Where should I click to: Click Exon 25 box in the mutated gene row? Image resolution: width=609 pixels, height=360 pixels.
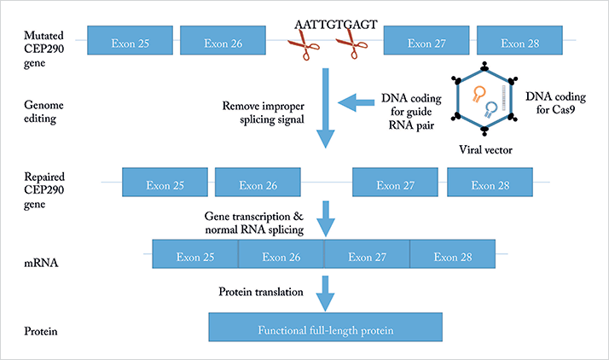point(130,40)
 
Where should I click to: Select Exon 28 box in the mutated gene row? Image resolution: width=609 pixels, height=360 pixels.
point(519,40)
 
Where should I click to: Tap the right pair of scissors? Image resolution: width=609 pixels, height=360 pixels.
point(352,44)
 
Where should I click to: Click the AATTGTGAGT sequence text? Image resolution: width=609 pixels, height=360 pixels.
point(336,25)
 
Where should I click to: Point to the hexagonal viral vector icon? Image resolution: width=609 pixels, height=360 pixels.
point(484,99)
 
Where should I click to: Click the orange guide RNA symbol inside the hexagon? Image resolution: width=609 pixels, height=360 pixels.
point(478,94)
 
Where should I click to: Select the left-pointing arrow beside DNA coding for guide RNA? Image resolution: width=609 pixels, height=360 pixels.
point(357,102)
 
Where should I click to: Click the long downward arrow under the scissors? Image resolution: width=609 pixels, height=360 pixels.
point(326,108)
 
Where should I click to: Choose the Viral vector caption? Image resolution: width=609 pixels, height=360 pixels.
point(485,150)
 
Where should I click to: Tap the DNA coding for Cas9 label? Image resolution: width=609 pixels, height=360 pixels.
point(555,103)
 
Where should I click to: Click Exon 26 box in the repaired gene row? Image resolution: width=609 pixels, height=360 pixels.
point(258,183)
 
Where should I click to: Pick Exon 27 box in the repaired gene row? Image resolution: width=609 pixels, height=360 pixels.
point(396,183)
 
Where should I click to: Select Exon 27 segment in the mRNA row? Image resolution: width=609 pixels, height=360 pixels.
point(367,254)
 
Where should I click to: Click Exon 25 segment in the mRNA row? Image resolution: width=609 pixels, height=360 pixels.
point(195,254)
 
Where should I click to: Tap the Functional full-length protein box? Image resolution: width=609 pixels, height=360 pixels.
point(326,328)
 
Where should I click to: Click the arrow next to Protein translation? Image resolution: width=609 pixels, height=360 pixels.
point(326,293)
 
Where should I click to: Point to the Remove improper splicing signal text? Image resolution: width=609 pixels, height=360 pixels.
point(264,113)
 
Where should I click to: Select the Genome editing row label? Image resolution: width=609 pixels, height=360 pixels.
point(43,112)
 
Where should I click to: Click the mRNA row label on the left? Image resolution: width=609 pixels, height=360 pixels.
point(41,263)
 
